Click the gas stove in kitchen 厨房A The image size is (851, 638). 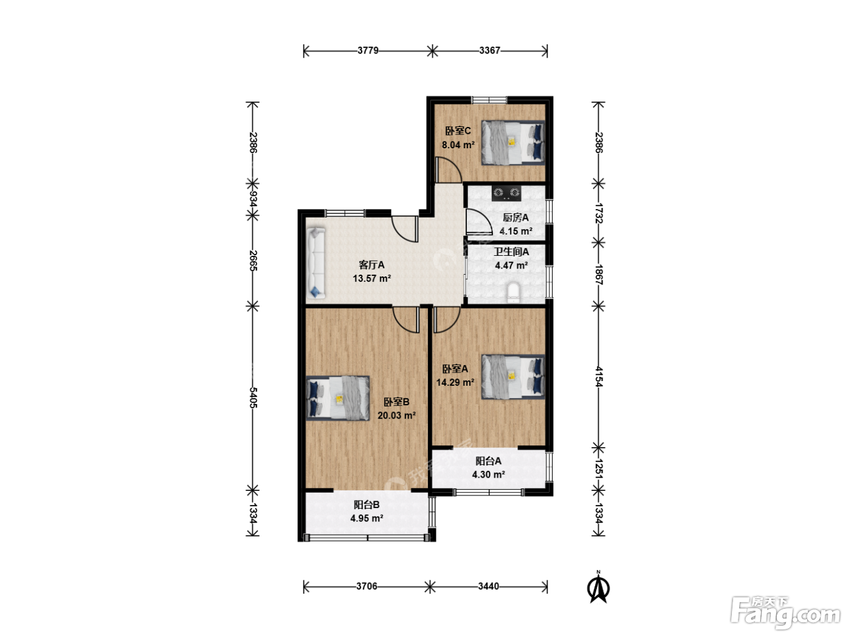(x=506, y=193)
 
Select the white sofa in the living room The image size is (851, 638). (x=315, y=263)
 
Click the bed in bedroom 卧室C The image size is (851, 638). (x=513, y=143)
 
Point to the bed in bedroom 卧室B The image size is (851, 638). (x=338, y=398)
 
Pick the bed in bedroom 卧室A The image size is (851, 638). (x=513, y=377)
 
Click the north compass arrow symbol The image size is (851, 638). (x=599, y=588)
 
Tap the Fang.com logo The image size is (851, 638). (x=785, y=612)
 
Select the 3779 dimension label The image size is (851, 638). (x=368, y=50)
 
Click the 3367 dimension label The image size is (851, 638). (x=490, y=50)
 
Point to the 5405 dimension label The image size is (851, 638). (x=253, y=397)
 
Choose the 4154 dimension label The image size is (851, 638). (x=598, y=377)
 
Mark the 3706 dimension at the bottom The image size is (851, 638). (x=367, y=586)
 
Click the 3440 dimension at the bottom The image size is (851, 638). (x=489, y=586)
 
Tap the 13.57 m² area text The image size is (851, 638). (x=372, y=278)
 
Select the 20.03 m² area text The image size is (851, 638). (x=396, y=416)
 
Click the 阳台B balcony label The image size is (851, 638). (x=367, y=505)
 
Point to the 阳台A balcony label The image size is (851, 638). (x=489, y=461)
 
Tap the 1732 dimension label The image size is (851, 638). (x=598, y=213)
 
